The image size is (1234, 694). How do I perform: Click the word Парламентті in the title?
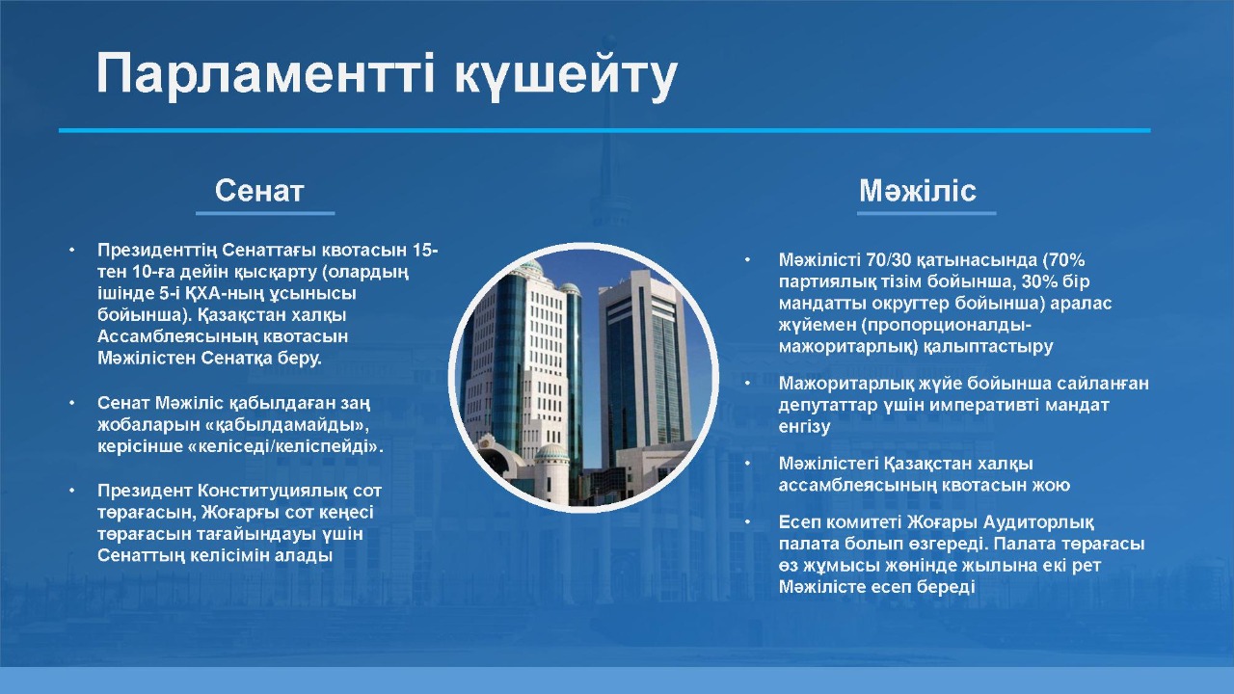265,73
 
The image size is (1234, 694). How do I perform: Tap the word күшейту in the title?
566,77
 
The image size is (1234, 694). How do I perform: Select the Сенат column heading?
259,191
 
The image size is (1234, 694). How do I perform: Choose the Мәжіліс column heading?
918,190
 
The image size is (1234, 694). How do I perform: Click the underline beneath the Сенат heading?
265,213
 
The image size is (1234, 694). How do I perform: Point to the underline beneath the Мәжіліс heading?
926,213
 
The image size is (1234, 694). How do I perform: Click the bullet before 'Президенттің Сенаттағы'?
71,250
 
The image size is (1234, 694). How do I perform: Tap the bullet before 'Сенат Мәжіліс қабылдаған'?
71,403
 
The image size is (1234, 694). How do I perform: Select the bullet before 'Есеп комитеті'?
747,522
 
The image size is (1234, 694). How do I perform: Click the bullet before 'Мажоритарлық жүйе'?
747,384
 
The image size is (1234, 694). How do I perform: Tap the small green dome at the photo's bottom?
551,452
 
